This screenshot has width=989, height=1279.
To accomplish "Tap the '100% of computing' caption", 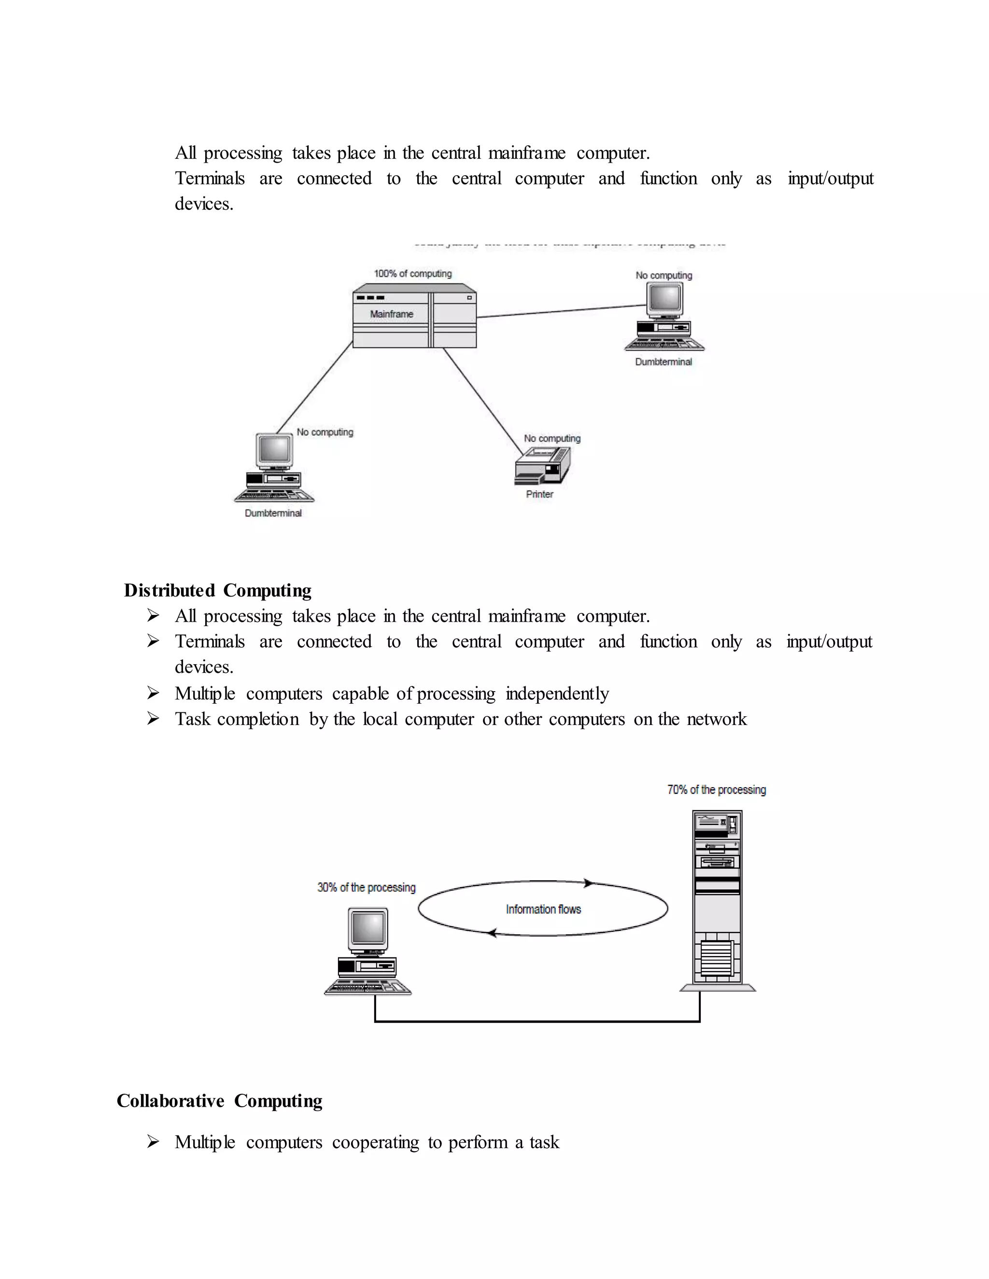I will pyautogui.click(x=412, y=274).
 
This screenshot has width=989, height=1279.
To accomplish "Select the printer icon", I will pyautogui.click(x=542, y=466).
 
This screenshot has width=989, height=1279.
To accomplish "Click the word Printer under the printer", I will pyautogui.click(x=539, y=494).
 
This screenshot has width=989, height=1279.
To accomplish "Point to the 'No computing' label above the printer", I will pyautogui.click(x=552, y=438).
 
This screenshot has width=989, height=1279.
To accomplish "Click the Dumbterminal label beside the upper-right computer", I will pyautogui.click(x=663, y=362).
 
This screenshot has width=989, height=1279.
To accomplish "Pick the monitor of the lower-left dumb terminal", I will pyautogui.click(x=274, y=450).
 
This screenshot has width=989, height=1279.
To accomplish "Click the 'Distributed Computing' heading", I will pyautogui.click(x=217, y=590).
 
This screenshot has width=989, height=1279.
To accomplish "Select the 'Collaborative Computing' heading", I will pyautogui.click(x=219, y=1101).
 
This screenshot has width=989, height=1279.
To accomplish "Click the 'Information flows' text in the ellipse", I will pyautogui.click(x=543, y=909).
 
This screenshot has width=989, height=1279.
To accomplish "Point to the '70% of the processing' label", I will pyautogui.click(x=716, y=790).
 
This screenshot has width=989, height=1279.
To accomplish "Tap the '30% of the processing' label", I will pyautogui.click(x=366, y=887).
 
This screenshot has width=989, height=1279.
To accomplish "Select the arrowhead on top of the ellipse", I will pyautogui.click(x=588, y=883).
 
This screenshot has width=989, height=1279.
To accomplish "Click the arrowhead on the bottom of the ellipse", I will pyautogui.click(x=493, y=933).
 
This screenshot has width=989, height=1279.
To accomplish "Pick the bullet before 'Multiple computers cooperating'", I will pyautogui.click(x=153, y=1141).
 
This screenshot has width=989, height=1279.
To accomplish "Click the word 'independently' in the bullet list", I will pyautogui.click(x=557, y=694).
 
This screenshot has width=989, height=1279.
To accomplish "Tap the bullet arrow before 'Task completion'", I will pyautogui.click(x=153, y=719).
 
